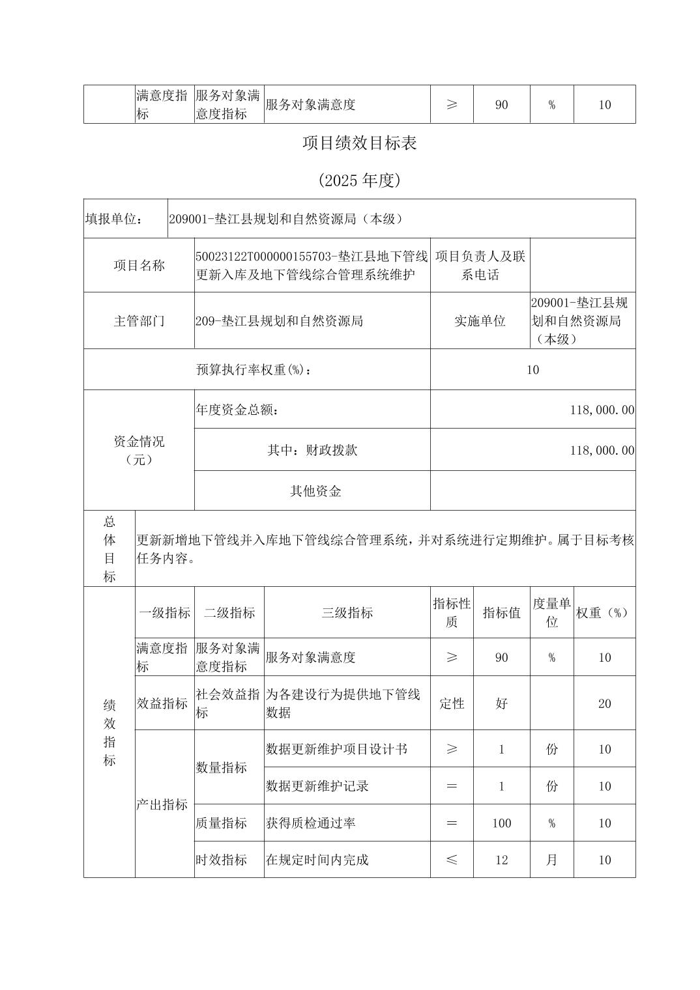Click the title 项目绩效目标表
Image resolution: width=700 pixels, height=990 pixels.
pyautogui.click(x=359, y=143)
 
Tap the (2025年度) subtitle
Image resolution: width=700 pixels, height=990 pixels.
pyautogui.click(x=359, y=180)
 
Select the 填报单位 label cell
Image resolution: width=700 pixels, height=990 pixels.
pyautogui.click(x=115, y=219)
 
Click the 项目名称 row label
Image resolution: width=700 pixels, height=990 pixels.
pyautogui.click(x=139, y=265)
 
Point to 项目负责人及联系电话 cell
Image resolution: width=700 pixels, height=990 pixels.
pyautogui.click(x=480, y=265)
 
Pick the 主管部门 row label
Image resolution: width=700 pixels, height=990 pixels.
pyautogui.click(x=139, y=320)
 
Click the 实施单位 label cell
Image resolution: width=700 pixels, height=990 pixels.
pyautogui.click(x=480, y=320)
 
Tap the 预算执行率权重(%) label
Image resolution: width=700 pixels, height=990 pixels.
pyautogui.click(x=254, y=369)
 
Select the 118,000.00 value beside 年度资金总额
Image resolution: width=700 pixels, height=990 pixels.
pyautogui.click(x=602, y=410)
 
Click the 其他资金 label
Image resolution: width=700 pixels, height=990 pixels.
pyautogui.click(x=315, y=491)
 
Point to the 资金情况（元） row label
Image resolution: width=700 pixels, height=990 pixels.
pyautogui.click(x=139, y=450)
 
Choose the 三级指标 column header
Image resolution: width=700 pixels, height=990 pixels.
pyautogui.click(x=347, y=612)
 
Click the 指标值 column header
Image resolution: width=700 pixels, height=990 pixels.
pyautogui.click(x=501, y=612)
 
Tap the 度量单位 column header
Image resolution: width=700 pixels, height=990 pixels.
pyautogui.click(x=551, y=612)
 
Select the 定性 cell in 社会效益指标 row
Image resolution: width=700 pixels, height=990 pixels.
pyautogui.click(x=452, y=703)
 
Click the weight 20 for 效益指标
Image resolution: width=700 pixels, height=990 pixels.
pyautogui.click(x=604, y=703)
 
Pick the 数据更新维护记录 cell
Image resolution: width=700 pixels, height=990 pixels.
pyautogui.click(x=317, y=786)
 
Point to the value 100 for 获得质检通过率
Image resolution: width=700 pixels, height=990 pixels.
pyautogui.click(x=501, y=823)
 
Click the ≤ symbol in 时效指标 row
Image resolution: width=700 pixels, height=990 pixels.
pyautogui.click(x=452, y=860)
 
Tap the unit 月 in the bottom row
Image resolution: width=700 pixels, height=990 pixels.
pyautogui.click(x=551, y=860)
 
